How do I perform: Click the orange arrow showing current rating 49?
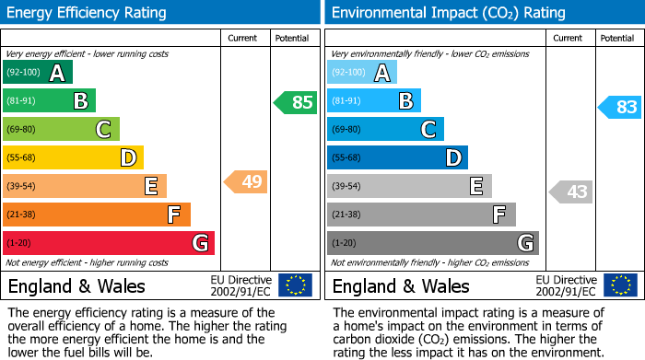point(246,181)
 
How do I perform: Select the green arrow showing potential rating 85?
point(296,102)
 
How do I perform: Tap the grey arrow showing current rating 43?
point(570,192)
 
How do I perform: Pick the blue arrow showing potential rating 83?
point(620,107)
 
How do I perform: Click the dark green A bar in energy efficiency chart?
point(38,73)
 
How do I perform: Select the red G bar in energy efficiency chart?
point(109,243)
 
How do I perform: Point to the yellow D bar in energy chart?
point(73,158)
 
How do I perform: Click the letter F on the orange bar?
point(173,215)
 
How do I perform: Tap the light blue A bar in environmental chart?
point(362,73)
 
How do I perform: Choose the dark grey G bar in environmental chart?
point(433,243)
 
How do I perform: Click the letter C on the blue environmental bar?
point(428,130)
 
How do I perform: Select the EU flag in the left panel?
point(295,285)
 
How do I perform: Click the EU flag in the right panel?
point(619,285)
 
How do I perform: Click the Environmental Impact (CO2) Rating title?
point(448,13)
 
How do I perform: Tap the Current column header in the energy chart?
point(242,38)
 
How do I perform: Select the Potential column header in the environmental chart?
point(616,38)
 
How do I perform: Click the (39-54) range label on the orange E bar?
point(22,187)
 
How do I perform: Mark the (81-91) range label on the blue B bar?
point(346,101)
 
